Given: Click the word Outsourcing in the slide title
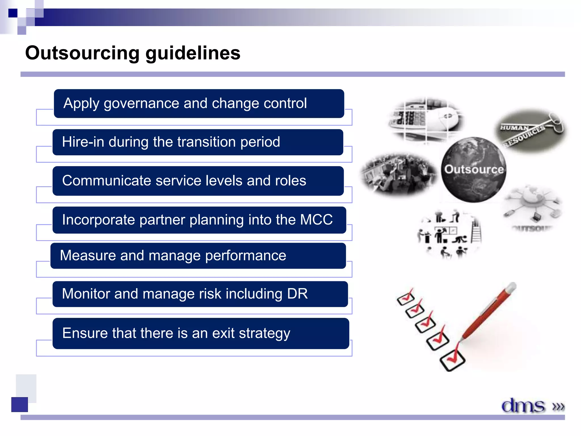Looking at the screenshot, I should [x=82, y=53].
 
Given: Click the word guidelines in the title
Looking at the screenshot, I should [x=193, y=53].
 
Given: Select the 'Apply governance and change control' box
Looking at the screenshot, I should [x=199, y=104].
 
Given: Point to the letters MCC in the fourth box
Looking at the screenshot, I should [x=316, y=220].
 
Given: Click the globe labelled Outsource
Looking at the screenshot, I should [x=474, y=170].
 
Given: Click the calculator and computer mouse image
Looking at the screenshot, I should [x=426, y=119].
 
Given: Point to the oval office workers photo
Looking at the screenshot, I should [x=399, y=174].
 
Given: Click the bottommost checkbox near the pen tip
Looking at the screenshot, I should [x=452, y=360].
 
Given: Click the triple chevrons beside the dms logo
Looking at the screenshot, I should [x=558, y=406].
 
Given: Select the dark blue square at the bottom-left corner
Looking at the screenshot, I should [x=20, y=404].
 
